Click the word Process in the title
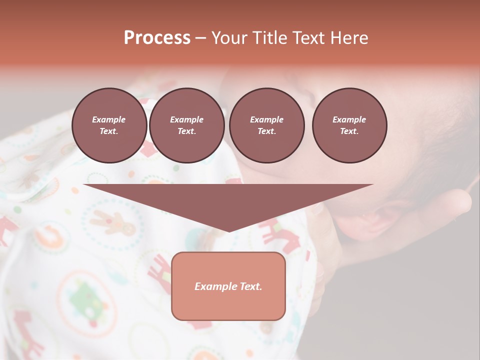pos(157,38)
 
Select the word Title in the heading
pos(269,38)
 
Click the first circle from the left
pos(109,125)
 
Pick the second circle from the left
pos(186,125)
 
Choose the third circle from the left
pos(266,125)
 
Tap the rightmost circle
pos(349,125)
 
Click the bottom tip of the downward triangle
pos(229,231)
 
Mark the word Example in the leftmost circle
pos(109,119)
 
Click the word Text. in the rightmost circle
pos(349,131)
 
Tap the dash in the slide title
pos(201,38)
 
